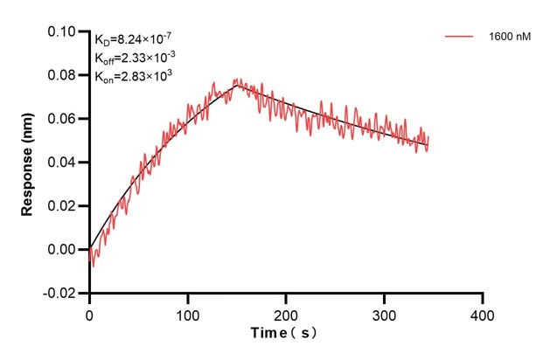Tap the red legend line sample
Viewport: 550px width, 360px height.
(x=460, y=38)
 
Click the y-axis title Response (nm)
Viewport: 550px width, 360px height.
(x=28, y=162)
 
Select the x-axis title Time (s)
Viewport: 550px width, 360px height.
(x=285, y=335)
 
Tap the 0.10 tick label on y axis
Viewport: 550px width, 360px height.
(x=62, y=31)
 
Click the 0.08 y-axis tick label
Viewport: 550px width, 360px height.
(x=62, y=75)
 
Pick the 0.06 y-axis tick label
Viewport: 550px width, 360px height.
(x=62, y=119)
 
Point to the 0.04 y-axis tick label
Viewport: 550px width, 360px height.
(x=62, y=163)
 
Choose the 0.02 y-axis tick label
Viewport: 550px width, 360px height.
(x=62, y=206)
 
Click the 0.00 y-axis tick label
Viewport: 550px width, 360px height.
(x=62, y=250)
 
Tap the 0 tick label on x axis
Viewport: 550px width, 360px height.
(x=89, y=312)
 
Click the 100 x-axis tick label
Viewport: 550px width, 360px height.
(x=187, y=312)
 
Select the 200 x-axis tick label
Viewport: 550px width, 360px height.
(x=286, y=312)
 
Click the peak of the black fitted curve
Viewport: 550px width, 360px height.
(x=236, y=85)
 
